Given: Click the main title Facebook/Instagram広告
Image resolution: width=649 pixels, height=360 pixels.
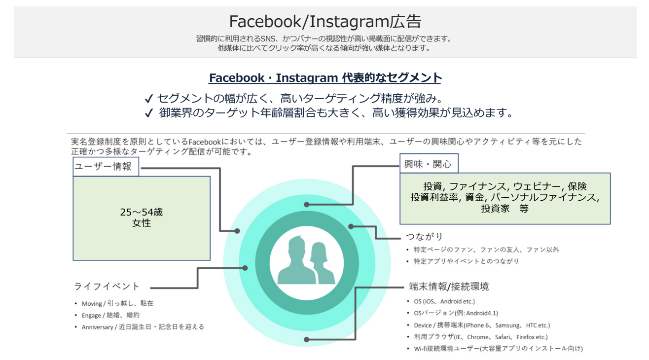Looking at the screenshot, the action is point(325,21).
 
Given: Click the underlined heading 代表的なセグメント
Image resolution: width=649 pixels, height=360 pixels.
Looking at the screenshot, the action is point(392,77).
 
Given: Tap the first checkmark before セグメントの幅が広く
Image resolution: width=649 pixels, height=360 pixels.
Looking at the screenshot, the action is point(148,99).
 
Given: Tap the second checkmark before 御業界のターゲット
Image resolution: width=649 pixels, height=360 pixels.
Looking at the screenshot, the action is point(148,112).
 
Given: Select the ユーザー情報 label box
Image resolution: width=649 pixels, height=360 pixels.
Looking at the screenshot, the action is point(106,167).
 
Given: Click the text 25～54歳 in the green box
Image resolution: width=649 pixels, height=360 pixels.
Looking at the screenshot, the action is point(142,212).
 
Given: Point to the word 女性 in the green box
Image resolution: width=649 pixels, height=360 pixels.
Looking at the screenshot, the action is point(142,223).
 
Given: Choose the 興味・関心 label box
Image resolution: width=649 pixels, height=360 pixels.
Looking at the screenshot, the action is point(429,164).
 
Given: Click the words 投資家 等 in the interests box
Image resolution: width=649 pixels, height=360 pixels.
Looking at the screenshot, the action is point(505,209).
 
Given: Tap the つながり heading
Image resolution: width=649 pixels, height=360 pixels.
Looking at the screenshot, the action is point(424,236).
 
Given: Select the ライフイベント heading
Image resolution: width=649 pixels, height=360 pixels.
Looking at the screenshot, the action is point(107,287).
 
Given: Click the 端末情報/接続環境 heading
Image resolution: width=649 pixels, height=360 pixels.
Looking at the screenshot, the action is point(449,287).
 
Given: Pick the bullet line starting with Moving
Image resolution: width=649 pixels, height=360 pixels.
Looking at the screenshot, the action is point(114,303).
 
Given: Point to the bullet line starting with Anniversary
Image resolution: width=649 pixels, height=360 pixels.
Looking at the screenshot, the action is point(140,327).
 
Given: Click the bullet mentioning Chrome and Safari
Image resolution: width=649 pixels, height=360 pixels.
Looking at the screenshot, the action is point(477,337).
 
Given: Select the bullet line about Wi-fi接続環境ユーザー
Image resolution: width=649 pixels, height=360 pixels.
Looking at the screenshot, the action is point(495,349).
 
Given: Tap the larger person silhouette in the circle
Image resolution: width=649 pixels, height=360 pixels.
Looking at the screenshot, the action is point(296,261).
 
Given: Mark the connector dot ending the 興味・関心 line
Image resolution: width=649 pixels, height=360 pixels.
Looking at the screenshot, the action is point(307,205).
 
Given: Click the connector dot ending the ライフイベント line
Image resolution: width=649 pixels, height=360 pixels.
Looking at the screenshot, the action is point(245,268).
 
